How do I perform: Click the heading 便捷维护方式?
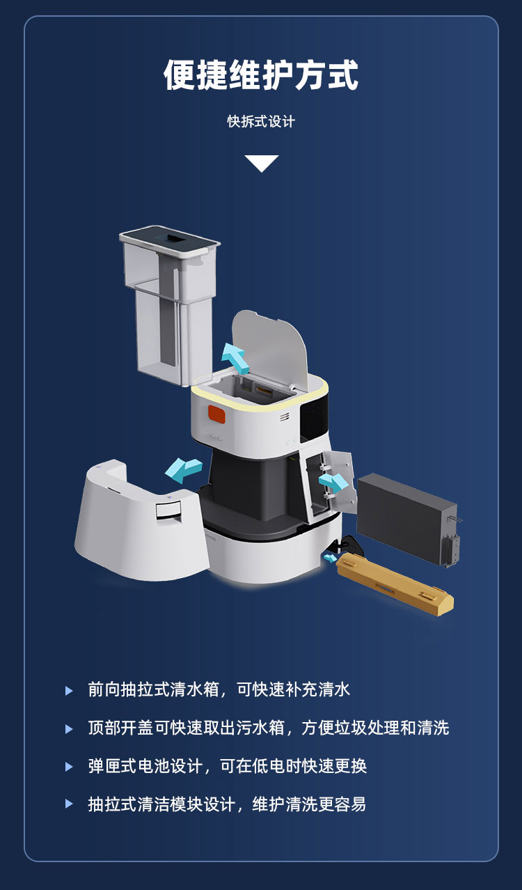coord(261,75)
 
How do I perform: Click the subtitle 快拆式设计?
coord(261,122)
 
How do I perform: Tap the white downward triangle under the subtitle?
coord(261,162)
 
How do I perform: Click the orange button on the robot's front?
coord(217,415)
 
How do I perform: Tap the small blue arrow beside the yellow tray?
coord(330,557)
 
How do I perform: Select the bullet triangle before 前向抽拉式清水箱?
coord(69,691)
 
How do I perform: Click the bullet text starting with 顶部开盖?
coord(268,728)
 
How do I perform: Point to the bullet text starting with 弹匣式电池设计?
coord(227,767)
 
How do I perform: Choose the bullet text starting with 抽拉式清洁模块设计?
coord(227,804)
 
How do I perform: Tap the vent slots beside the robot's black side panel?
coord(285,417)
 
